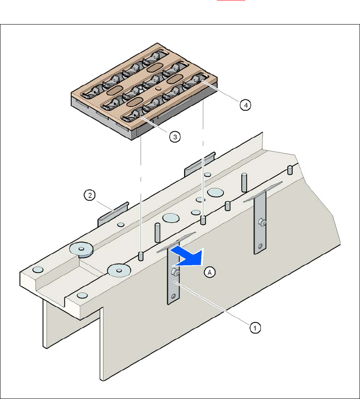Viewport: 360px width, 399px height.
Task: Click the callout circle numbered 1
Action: tap(255, 327)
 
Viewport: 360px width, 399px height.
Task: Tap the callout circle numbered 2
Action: tap(89, 195)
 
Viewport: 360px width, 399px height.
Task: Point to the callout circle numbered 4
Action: tap(244, 105)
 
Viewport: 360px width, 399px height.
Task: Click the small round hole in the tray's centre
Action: tap(158, 88)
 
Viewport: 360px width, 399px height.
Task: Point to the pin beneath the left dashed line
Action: tap(141, 256)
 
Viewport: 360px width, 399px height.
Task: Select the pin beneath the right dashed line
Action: tap(203, 220)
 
